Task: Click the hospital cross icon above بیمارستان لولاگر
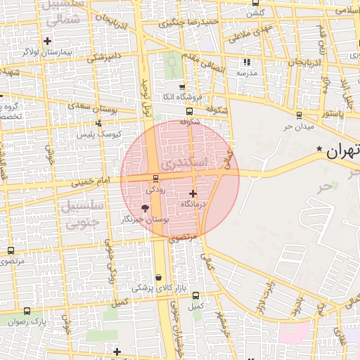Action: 48,41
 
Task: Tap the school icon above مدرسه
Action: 246,62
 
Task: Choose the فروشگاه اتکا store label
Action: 163,96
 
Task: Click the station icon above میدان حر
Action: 299,115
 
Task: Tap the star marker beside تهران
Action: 320,149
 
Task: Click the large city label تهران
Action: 343,150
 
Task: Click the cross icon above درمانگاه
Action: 193,192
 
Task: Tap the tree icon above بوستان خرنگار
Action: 146,208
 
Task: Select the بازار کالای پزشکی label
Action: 154,288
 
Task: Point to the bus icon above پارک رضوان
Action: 27,311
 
